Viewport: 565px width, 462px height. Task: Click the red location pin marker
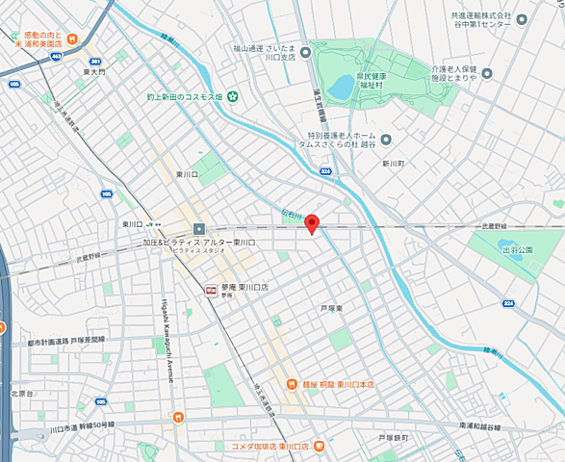pos(311,222)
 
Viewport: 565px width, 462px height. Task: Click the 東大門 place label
pos(93,71)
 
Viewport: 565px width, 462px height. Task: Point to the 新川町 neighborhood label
pos(395,164)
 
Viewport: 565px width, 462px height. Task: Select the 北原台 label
pos(22,394)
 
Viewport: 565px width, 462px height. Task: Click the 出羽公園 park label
pos(518,249)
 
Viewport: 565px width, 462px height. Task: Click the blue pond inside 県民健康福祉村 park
pos(340,88)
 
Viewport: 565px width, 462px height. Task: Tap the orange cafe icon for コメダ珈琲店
pos(319,447)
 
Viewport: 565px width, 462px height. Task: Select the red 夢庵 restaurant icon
pos(211,288)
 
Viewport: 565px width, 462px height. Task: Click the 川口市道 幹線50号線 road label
pos(81,424)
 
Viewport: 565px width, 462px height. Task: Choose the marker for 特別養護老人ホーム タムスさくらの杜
pos(386,139)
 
